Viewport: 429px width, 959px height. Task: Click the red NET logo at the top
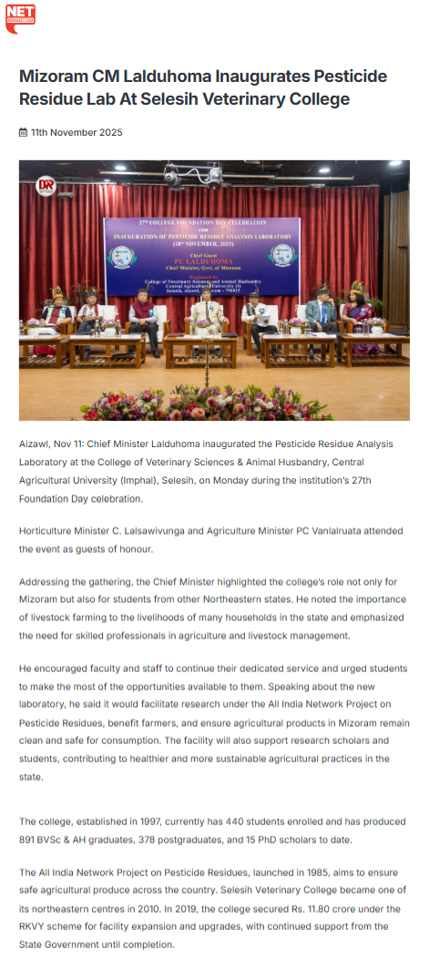tap(20, 17)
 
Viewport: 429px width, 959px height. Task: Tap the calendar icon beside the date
tap(23, 133)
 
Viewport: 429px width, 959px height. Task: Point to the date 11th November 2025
tap(77, 133)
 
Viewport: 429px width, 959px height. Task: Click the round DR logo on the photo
tap(46, 186)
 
